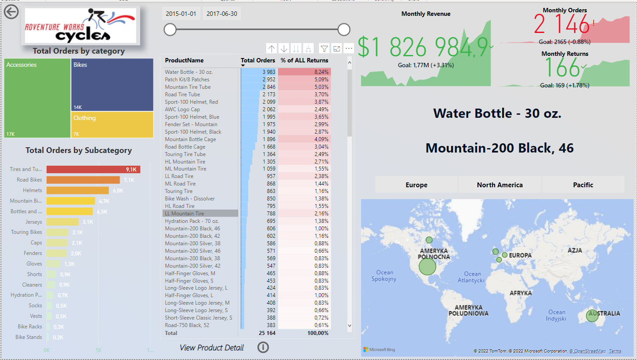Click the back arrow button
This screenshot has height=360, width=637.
coord(11,11)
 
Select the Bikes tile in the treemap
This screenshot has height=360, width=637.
coord(112,84)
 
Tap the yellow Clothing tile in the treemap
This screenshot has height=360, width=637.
coord(112,125)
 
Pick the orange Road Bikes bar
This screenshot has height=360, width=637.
coord(83,180)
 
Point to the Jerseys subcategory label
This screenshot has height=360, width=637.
coord(34,222)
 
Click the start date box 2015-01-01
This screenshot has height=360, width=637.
coord(181,14)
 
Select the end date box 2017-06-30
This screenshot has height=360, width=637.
coord(222,14)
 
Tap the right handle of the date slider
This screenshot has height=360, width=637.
coord(344,29)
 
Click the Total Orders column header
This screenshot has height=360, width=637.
coord(258,60)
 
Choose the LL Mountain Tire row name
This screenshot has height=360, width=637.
coord(185,214)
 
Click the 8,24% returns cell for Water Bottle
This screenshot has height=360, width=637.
coord(305,72)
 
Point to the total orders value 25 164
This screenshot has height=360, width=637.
coord(267,333)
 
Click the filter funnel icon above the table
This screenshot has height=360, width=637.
coord(324,49)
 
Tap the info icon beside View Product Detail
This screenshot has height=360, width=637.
coord(263,347)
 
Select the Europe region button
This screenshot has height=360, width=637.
coord(416,185)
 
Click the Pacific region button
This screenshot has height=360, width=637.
coord(583,185)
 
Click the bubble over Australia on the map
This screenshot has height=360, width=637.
coord(592,316)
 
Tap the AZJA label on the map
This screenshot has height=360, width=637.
coord(575,251)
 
